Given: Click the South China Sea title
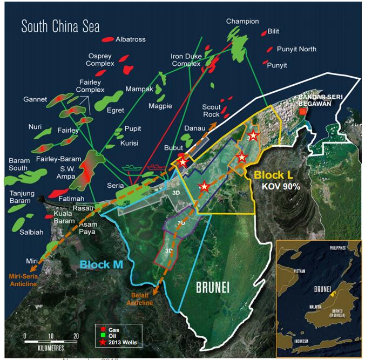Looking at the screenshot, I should [x=60, y=26].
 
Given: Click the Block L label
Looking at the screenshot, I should [x=273, y=175].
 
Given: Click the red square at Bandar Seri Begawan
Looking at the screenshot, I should [x=303, y=112].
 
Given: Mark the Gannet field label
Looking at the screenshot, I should [x=35, y=99].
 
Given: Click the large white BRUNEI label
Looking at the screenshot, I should [x=208, y=288].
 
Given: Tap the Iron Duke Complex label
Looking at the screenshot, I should [x=186, y=59].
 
